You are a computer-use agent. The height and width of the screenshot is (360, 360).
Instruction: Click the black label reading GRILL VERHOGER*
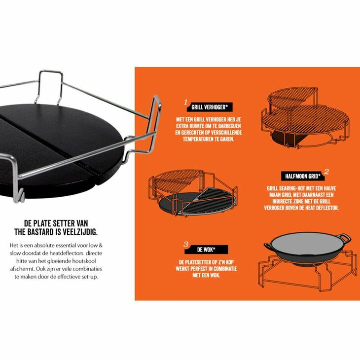click(210, 107)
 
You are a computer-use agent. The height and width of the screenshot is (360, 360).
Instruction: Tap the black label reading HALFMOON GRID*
click(303, 176)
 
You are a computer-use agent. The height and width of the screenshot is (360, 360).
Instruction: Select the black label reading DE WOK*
click(206, 250)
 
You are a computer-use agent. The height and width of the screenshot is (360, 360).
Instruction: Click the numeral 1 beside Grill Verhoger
click(186, 102)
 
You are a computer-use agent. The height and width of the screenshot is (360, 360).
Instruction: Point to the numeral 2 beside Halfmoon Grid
click(326, 172)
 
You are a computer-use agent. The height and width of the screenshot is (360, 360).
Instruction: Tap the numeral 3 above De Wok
click(186, 244)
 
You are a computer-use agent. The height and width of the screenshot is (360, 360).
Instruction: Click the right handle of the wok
click(344, 238)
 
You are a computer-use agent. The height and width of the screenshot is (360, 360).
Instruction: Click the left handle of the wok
click(268, 246)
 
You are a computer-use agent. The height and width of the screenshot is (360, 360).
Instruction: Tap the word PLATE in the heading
click(42, 223)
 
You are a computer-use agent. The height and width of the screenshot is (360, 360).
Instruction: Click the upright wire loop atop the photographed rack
click(49, 86)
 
